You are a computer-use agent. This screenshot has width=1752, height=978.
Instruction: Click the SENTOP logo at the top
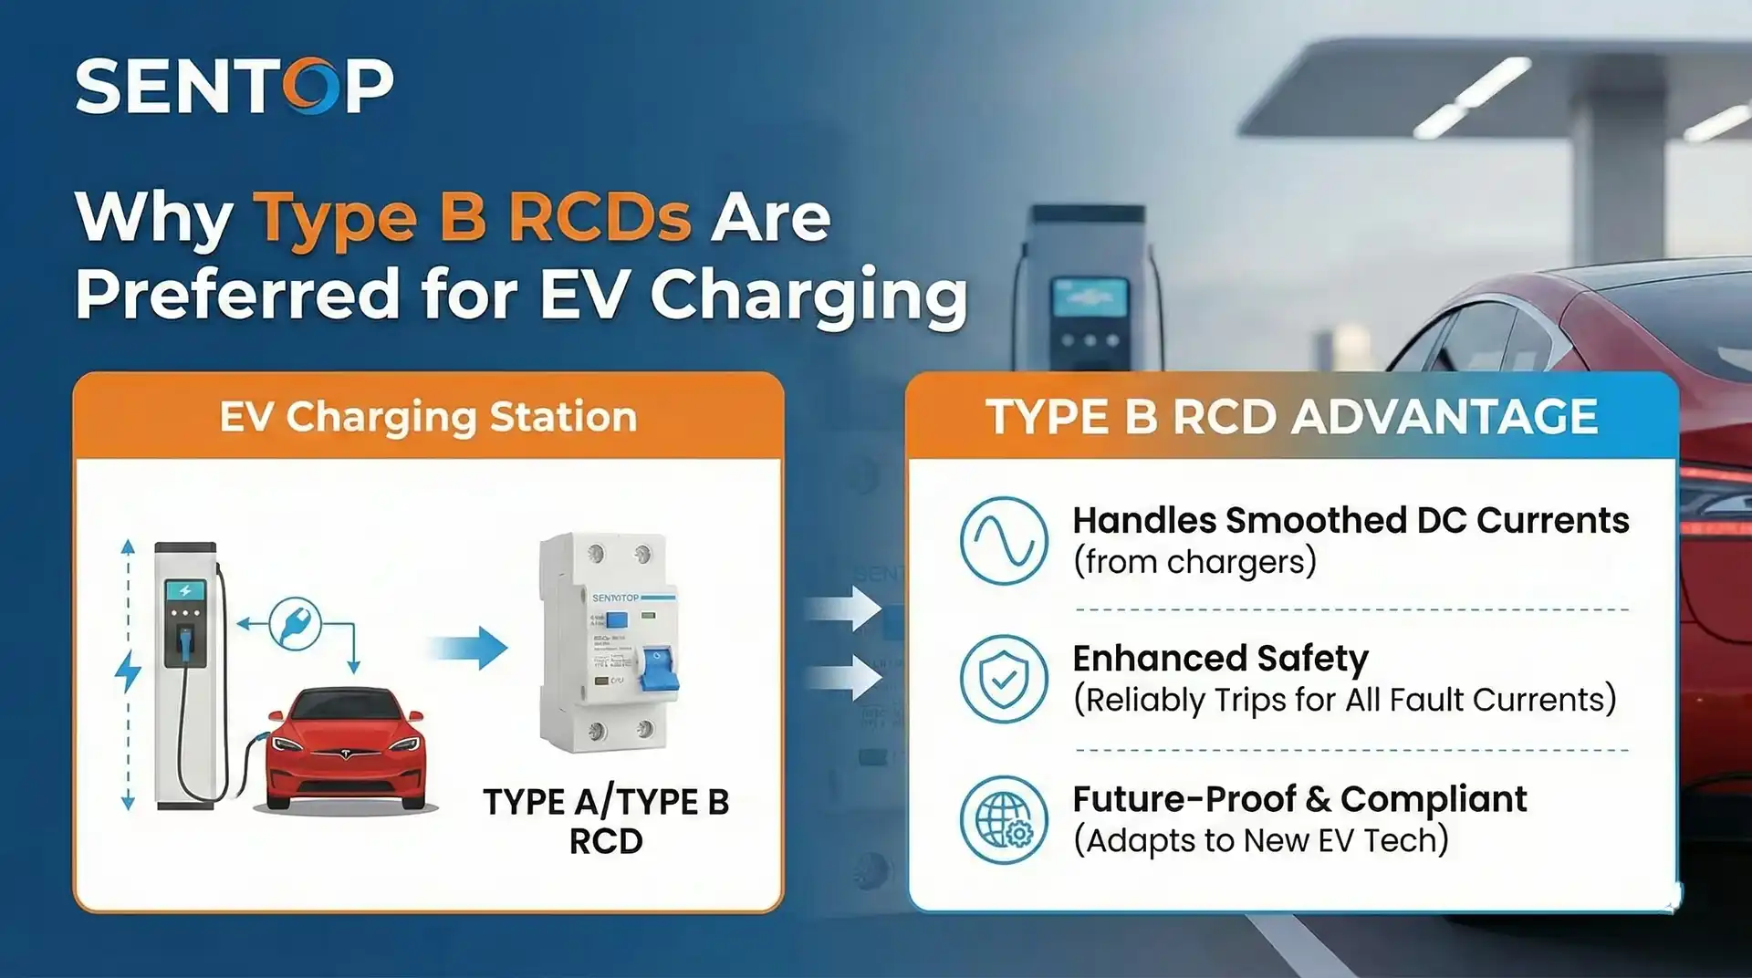235,87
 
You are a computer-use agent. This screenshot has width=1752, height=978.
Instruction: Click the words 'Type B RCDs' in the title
472,218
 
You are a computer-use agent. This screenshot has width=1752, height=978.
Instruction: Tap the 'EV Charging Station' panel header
428,417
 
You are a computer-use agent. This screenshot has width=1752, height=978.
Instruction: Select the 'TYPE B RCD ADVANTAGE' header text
1291,417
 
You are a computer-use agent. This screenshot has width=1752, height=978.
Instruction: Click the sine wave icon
1004,540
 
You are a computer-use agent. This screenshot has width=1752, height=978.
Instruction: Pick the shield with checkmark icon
1004,680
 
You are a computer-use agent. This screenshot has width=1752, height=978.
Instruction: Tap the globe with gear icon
1004,819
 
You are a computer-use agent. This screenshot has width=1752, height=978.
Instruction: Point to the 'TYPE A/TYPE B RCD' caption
606,821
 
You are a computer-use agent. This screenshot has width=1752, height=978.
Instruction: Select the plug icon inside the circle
295,623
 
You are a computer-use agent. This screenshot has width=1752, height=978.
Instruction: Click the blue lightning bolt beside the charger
128,671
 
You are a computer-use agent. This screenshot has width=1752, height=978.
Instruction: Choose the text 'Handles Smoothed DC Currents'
1350,520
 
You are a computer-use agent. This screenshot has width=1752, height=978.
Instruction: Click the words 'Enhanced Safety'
1220,658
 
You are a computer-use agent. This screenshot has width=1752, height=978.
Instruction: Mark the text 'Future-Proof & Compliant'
1298,799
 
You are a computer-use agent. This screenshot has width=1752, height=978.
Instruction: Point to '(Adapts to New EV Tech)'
1260,840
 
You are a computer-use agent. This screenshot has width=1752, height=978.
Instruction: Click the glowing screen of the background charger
1089,298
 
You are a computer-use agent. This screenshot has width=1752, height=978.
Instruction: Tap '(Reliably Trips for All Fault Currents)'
1344,700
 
